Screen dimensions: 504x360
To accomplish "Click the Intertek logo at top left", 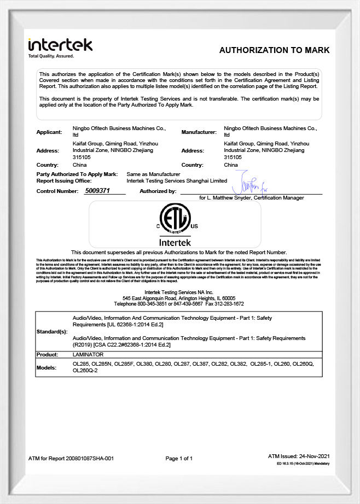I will click(60, 45).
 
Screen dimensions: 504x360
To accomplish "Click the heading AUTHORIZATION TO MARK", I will click(274, 50).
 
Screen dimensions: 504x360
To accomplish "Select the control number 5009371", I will click(98, 191).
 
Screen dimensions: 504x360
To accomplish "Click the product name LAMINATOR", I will click(88, 355).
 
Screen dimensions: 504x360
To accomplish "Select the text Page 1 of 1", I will click(179, 459).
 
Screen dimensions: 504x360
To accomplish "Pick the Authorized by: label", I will click(158, 191).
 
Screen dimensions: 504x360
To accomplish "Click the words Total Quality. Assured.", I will click(51, 56).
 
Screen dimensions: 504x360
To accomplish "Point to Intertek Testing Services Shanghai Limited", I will click(177, 180).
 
